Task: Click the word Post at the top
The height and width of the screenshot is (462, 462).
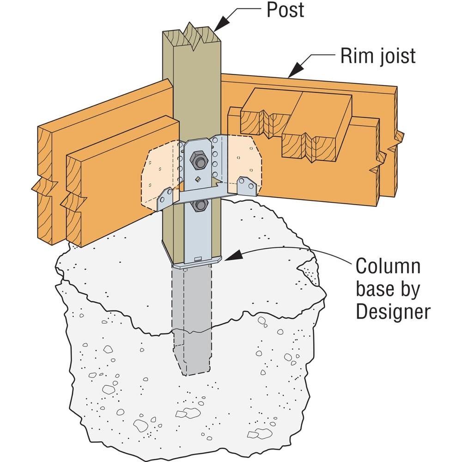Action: [286, 10]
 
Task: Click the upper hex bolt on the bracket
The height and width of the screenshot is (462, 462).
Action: [200, 161]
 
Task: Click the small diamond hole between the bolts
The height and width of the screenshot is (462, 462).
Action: [198, 179]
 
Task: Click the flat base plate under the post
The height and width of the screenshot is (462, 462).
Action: [199, 264]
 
